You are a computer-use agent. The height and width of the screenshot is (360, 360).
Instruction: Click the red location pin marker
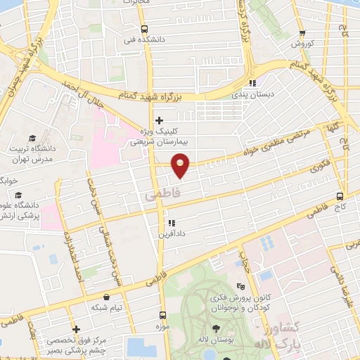click(180, 166)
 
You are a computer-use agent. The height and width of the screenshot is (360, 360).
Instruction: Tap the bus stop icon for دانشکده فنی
click(143, 29)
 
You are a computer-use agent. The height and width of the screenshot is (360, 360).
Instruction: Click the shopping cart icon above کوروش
click(302, 32)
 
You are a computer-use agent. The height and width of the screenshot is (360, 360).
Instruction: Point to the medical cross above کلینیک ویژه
click(160, 120)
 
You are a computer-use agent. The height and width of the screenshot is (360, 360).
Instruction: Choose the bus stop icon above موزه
click(163, 315)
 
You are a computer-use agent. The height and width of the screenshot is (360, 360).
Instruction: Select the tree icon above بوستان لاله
click(215, 329)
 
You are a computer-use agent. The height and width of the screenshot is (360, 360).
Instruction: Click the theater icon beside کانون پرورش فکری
click(240, 287)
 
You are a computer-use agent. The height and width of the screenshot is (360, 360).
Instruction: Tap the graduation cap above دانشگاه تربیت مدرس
click(32, 138)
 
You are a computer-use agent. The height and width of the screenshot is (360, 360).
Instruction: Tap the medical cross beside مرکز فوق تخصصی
click(75, 328)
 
